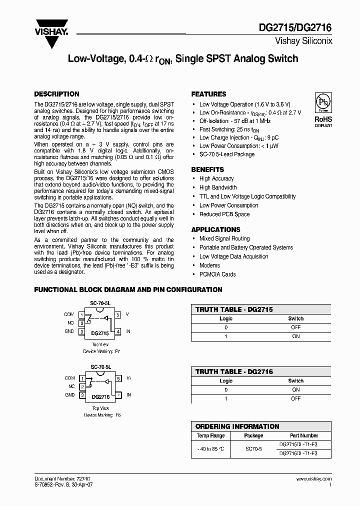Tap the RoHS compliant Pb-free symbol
point(322,103)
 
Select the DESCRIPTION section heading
point(56,94)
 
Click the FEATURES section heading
point(208,94)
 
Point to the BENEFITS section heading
point(207,169)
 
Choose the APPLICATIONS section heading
point(215,229)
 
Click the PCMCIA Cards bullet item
point(217,274)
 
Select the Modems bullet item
point(209,265)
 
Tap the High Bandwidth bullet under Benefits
point(218,187)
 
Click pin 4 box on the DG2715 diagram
point(118,331)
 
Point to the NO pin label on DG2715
point(70,323)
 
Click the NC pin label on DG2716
point(70,386)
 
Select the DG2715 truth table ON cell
point(295,336)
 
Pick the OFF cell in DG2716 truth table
point(295,398)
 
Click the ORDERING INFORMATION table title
point(237,426)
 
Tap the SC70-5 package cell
point(253,449)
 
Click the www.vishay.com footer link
point(316,478)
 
